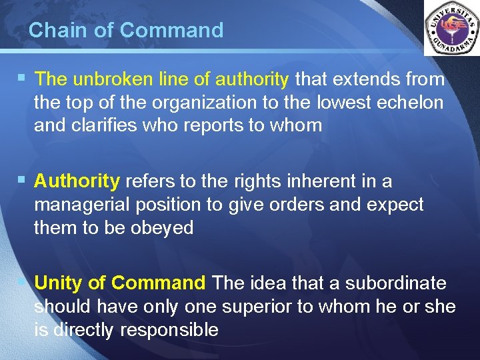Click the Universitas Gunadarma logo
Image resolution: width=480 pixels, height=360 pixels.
coord(451,28)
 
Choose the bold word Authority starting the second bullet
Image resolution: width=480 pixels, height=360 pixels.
coord(77,181)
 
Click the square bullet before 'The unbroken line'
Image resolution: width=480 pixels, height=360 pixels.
coord(23,79)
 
